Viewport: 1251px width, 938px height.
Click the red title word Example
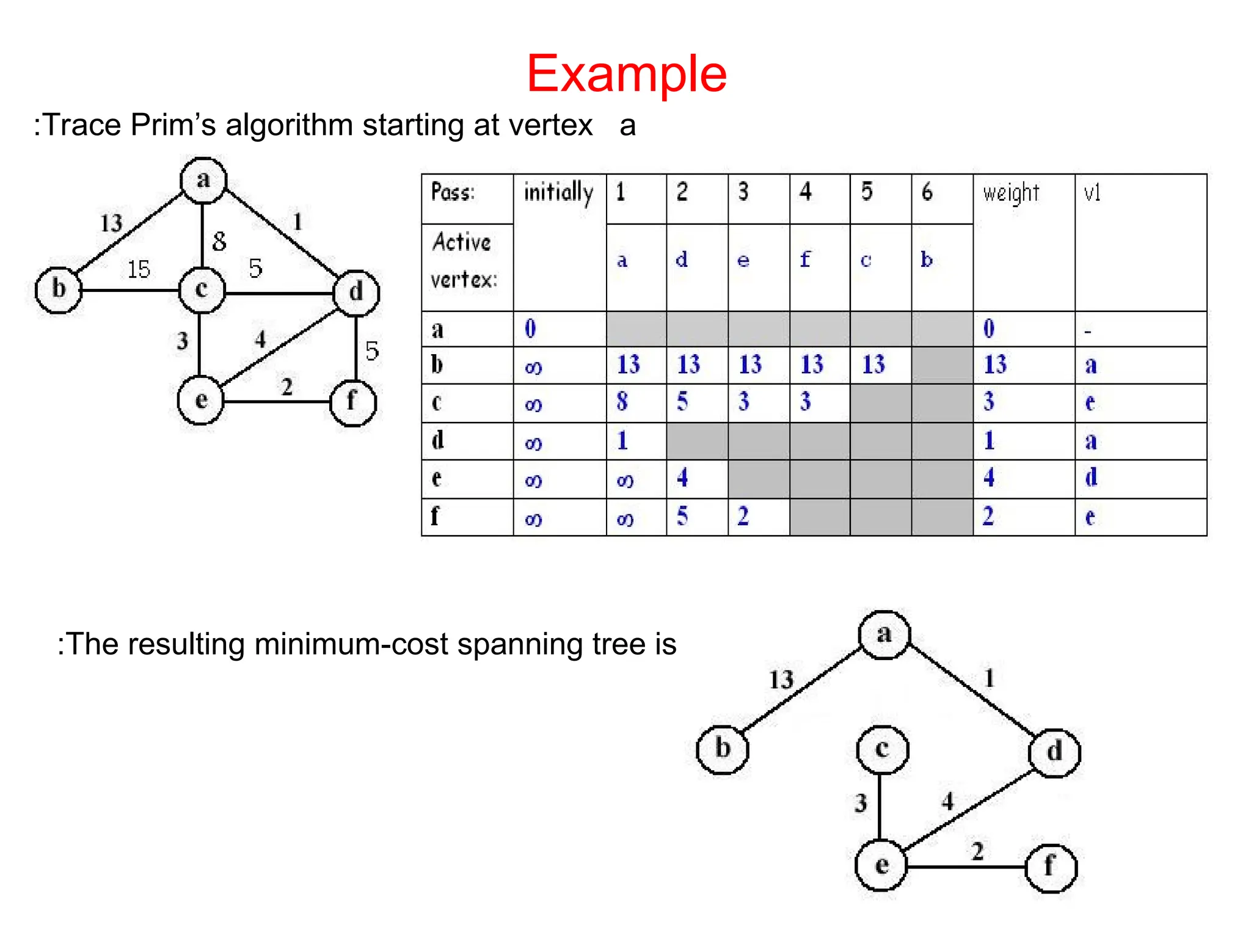(x=626, y=73)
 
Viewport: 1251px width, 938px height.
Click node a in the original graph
(x=203, y=180)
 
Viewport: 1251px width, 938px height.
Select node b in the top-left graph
(x=59, y=289)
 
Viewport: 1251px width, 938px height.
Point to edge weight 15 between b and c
(x=139, y=269)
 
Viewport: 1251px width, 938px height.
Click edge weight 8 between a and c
(x=219, y=242)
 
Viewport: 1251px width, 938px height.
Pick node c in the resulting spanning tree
(x=882, y=749)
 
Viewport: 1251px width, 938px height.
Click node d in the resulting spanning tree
(x=1054, y=752)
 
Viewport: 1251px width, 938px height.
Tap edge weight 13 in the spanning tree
(x=781, y=680)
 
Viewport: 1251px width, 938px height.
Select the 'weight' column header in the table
(x=1011, y=193)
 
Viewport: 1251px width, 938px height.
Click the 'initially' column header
(x=558, y=193)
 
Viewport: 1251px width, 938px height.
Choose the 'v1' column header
(x=1092, y=193)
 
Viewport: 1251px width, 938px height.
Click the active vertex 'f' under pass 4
(x=805, y=260)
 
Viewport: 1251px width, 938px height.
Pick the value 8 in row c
(x=622, y=402)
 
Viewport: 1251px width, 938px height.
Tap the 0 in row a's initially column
(x=530, y=329)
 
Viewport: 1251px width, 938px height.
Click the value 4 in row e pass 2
(x=682, y=478)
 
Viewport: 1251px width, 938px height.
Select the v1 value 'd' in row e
(x=1091, y=478)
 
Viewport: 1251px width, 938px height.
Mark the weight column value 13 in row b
(x=995, y=365)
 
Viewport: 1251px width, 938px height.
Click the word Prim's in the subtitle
(x=173, y=125)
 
